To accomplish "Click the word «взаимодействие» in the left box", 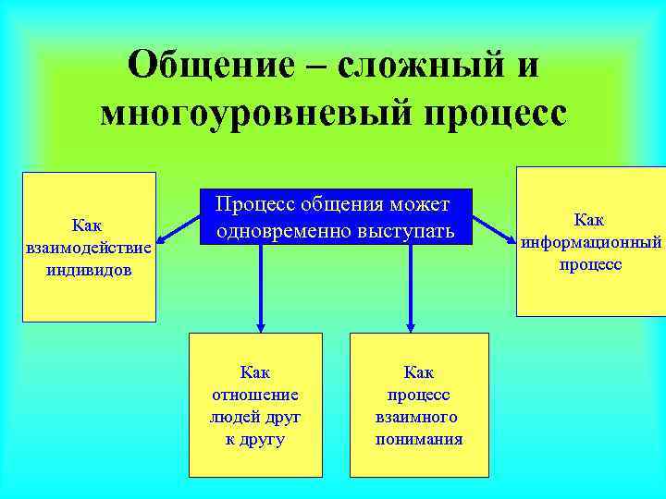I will click(89, 248).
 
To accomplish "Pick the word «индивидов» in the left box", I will click(89, 270).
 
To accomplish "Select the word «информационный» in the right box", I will click(590, 242).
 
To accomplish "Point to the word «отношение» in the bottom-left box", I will click(255, 395).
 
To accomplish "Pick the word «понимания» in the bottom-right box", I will click(419, 439).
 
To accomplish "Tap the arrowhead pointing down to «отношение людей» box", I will click(261, 324).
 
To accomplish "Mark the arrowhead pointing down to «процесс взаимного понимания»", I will click(410, 324).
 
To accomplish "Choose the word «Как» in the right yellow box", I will click(589, 220).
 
